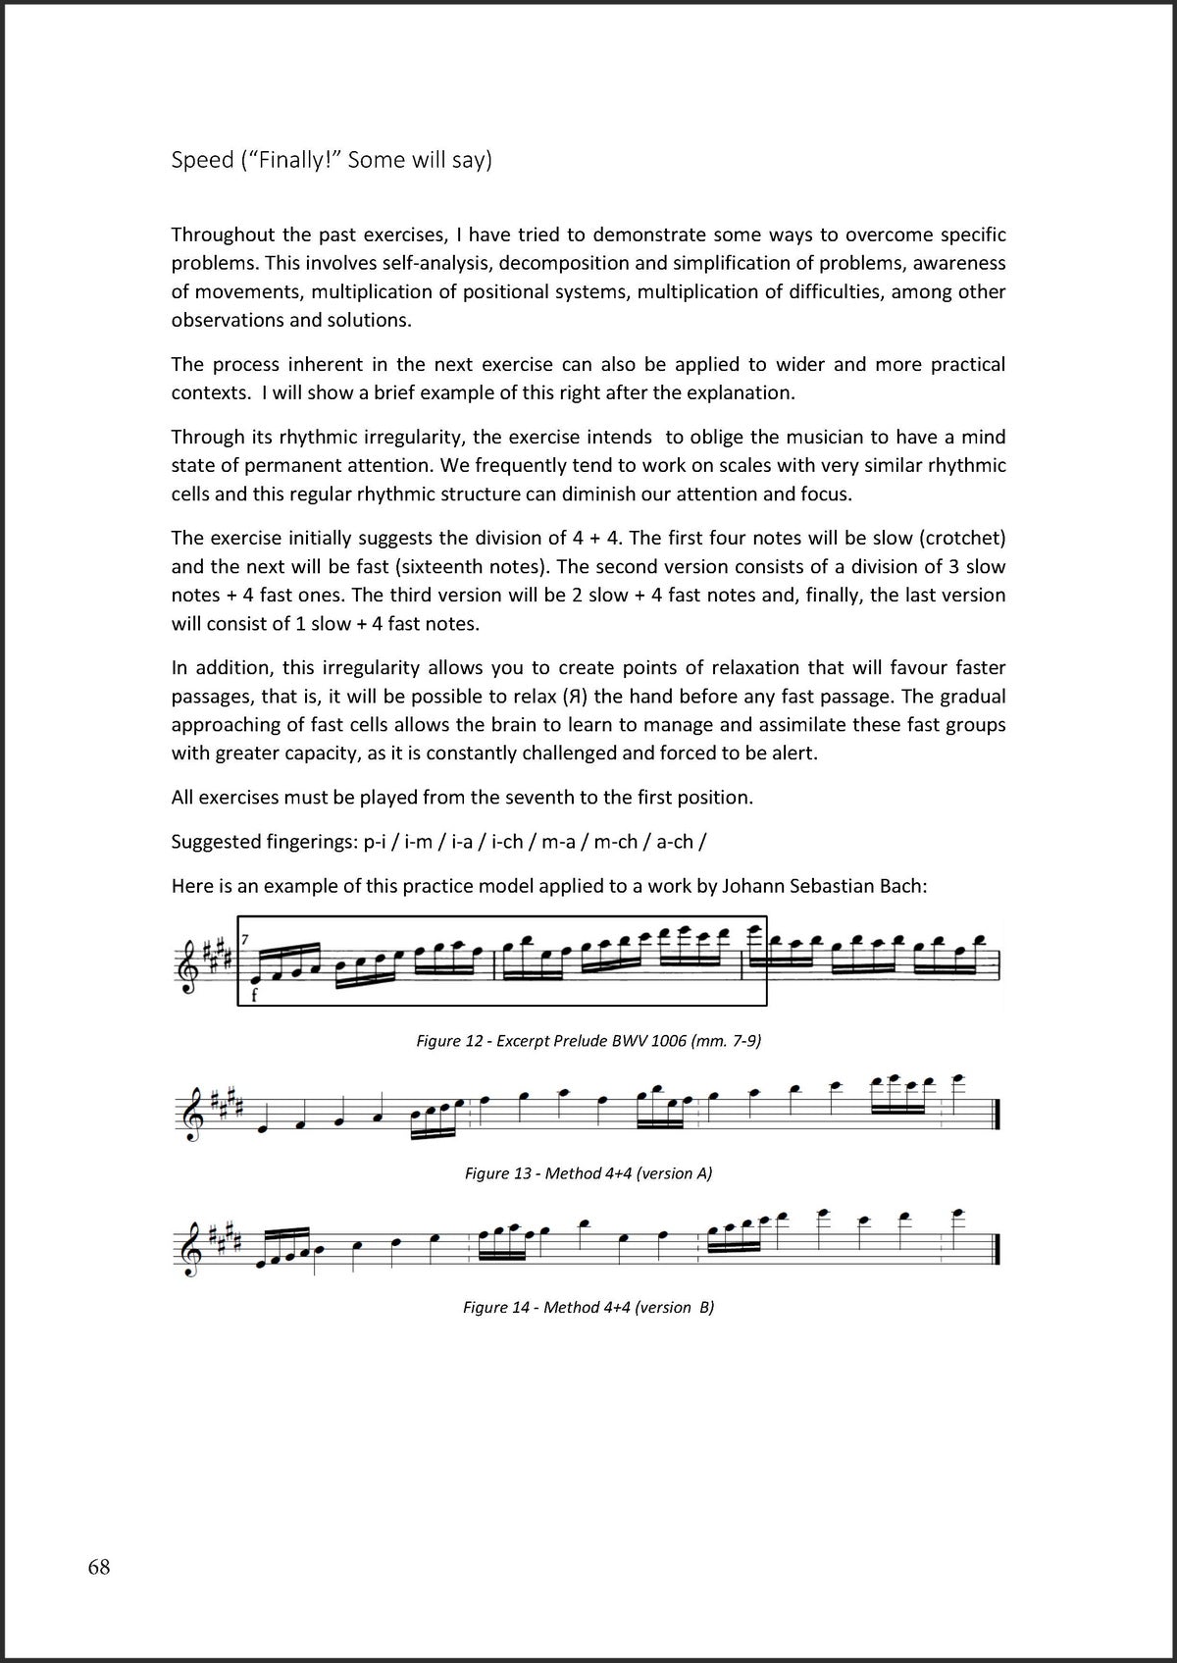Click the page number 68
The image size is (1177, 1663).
pyautogui.click(x=99, y=1567)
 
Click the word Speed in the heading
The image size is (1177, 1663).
pyautogui.click(x=202, y=160)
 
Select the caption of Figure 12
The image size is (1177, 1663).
pyautogui.click(x=588, y=1040)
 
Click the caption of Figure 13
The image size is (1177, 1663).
pyautogui.click(x=588, y=1172)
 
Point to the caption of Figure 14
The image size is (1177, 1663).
pyautogui.click(x=588, y=1307)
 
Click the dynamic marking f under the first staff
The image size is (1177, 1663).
pyautogui.click(x=253, y=994)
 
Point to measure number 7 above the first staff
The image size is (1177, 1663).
pyautogui.click(x=245, y=940)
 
